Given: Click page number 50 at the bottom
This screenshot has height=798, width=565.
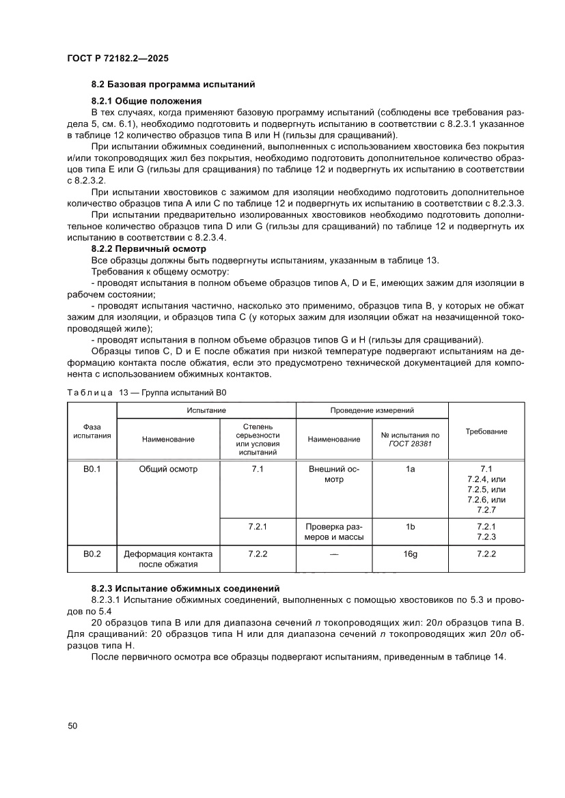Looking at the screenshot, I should [72, 726].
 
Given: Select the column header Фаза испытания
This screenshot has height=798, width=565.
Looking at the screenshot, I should [92, 431].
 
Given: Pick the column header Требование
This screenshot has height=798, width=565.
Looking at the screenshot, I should [486, 431].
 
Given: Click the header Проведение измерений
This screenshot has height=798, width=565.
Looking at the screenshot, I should [372, 410].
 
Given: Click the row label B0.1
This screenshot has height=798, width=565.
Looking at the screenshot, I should [92, 470].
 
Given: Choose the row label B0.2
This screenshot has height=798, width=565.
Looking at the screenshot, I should [92, 554].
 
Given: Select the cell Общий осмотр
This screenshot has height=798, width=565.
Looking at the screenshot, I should [168, 470].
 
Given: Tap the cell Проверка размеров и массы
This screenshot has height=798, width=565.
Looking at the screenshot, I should [334, 532].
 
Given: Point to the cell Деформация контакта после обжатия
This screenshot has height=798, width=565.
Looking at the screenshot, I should [168, 559].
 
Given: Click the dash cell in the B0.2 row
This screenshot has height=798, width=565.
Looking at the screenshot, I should [334, 555].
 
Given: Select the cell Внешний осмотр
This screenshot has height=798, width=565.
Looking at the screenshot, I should [334, 474].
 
